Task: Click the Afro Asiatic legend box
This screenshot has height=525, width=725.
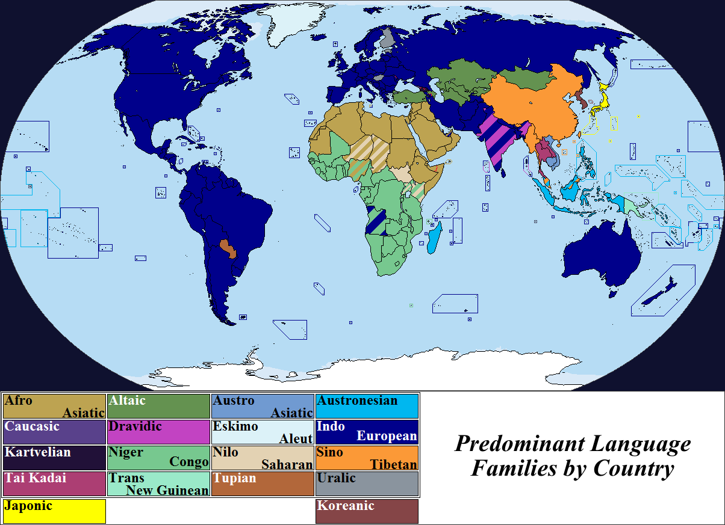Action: (x=54, y=406)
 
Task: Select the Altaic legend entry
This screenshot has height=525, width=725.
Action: (x=158, y=406)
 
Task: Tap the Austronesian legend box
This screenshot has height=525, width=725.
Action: (x=367, y=406)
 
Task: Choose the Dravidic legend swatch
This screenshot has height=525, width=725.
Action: (x=158, y=432)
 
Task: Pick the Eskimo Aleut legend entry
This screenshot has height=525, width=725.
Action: (x=263, y=432)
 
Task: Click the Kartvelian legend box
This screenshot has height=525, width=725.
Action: (x=54, y=458)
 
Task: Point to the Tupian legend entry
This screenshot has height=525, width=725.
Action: (x=263, y=484)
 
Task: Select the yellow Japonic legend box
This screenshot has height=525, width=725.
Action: (x=54, y=511)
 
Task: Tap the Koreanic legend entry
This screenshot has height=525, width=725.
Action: (x=367, y=511)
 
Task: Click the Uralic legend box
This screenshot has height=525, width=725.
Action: (x=367, y=484)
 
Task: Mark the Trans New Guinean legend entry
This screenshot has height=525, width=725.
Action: (x=158, y=484)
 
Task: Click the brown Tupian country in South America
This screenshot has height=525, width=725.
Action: (x=229, y=247)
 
